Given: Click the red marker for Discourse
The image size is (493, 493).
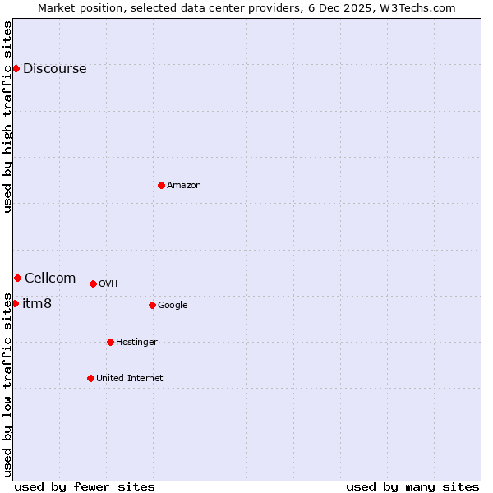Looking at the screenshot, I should (x=16, y=68).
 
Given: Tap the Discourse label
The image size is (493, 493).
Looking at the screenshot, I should (x=54, y=69).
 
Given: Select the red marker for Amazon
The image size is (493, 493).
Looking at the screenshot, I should (x=161, y=185).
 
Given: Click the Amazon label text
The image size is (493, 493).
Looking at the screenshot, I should (x=184, y=186).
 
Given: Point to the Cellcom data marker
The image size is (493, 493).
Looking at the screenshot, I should (x=17, y=278).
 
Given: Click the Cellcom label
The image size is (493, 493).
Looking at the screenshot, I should (x=50, y=279).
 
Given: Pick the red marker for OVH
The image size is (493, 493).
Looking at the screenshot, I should (x=93, y=283).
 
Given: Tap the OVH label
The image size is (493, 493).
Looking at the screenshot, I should (x=108, y=284).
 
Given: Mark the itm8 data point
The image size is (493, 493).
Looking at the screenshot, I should (x=15, y=303).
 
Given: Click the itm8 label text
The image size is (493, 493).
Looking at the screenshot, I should (x=37, y=304).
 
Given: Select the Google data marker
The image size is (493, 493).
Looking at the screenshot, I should (x=152, y=305).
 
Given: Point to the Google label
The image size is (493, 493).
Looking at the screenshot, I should (x=173, y=306).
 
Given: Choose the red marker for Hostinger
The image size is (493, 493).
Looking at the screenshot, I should (x=110, y=342).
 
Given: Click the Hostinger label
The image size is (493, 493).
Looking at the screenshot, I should (x=136, y=343).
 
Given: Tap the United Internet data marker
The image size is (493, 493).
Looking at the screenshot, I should (x=90, y=378).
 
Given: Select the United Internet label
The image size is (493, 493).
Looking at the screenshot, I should (x=130, y=379).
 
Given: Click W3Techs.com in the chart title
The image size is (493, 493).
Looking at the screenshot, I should (x=423, y=7).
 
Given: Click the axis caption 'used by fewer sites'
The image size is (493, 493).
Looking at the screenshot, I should (x=85, y=486).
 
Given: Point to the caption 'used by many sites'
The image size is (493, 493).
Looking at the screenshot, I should (x=412, y=486).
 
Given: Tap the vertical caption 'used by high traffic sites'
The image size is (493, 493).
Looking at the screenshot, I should (x=7, y=117).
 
